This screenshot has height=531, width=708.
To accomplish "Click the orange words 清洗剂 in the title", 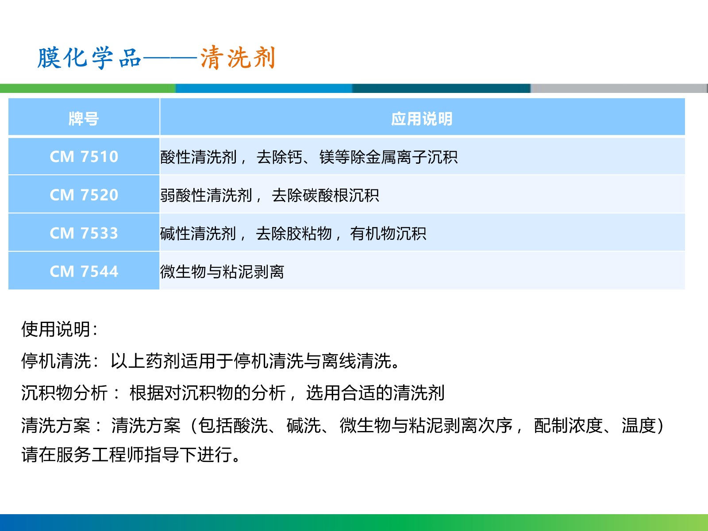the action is pos(238,58).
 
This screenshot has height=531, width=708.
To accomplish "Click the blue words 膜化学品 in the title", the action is pos(89,58).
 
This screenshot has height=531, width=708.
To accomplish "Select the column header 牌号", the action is pos(84,119).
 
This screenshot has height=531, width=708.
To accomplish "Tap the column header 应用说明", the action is pos(422,119).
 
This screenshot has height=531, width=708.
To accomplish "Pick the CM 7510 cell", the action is pos(84,157).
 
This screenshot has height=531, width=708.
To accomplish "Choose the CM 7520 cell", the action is pos(84,195).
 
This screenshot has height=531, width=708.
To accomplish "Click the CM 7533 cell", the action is pos(84,233).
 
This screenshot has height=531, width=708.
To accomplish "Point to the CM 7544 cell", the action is pos(84,271).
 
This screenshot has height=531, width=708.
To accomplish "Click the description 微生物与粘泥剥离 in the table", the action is pos(222,271).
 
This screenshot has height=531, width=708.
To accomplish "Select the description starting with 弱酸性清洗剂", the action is pos(269,195).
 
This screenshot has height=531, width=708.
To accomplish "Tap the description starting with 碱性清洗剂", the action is pos(293,234).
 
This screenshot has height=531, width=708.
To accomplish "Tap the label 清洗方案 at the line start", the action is pos(56,425).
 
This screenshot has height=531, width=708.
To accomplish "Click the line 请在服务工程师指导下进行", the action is pos(131,454).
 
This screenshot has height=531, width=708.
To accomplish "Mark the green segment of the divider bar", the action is pos(88,88).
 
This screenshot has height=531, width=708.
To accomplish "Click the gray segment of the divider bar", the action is pos(619,88).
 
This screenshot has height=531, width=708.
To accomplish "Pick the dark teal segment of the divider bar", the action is pos(441,88).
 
